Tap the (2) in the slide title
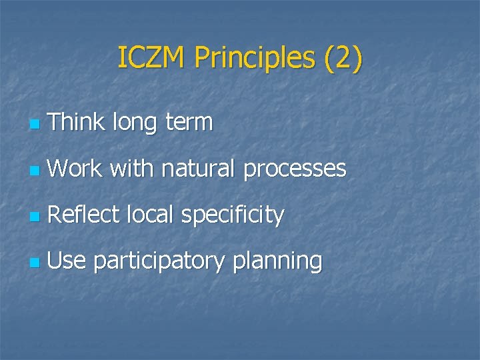coord(343,59)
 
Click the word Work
coord(75,169)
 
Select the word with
coord(132,169)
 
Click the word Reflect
coord(83,215)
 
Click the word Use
coord(67,261)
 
